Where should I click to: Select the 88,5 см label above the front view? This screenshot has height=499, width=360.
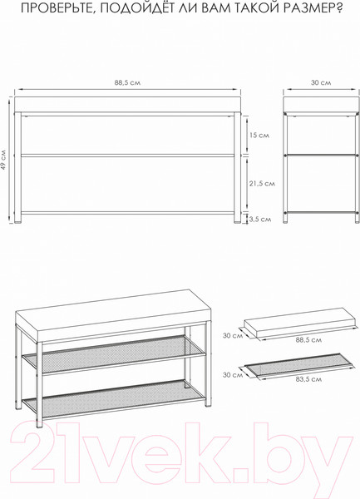[x=127, y=82]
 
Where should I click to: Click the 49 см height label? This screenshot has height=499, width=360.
[x=3, y=160]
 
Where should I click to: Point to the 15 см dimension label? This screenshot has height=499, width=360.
[x=259, y=136]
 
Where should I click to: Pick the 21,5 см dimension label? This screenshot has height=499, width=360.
[x=262, y=184]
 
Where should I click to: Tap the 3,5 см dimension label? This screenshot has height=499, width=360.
[x=260, y=220]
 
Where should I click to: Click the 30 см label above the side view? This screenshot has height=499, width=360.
[x=321, y=82]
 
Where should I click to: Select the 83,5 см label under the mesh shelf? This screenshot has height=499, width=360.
[x=308, y=379]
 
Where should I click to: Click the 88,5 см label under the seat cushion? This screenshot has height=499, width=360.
[x=308, y=340]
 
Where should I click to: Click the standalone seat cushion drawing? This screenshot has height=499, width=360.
[x=299, y=324]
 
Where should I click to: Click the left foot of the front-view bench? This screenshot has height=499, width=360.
[x=17, y=218]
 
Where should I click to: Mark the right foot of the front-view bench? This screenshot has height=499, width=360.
[x=237, y=218]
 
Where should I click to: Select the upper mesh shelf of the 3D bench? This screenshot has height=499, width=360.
[x=114, y=355]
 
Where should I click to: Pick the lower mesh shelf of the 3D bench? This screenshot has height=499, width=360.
[x=114, y=399]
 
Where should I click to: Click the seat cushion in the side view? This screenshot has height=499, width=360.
[x=322, y=104]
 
